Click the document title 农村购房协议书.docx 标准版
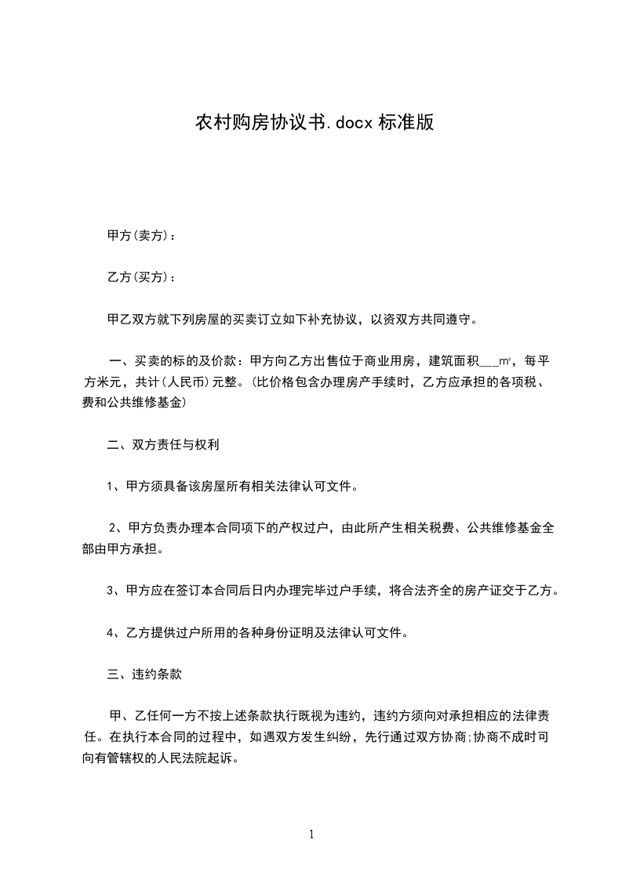(x=314, y=124)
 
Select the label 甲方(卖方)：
(x=141, y=235)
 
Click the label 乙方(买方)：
(x=141, y=277)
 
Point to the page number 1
(x=311, y=834)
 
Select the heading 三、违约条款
(x=147, y=673)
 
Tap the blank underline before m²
(x=487, y=362)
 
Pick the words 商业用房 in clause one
(x=396, y=362)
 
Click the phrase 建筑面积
(x=453, y=362)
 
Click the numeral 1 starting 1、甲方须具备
(x=111, y=487)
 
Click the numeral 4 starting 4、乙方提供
(x=111, y=632)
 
